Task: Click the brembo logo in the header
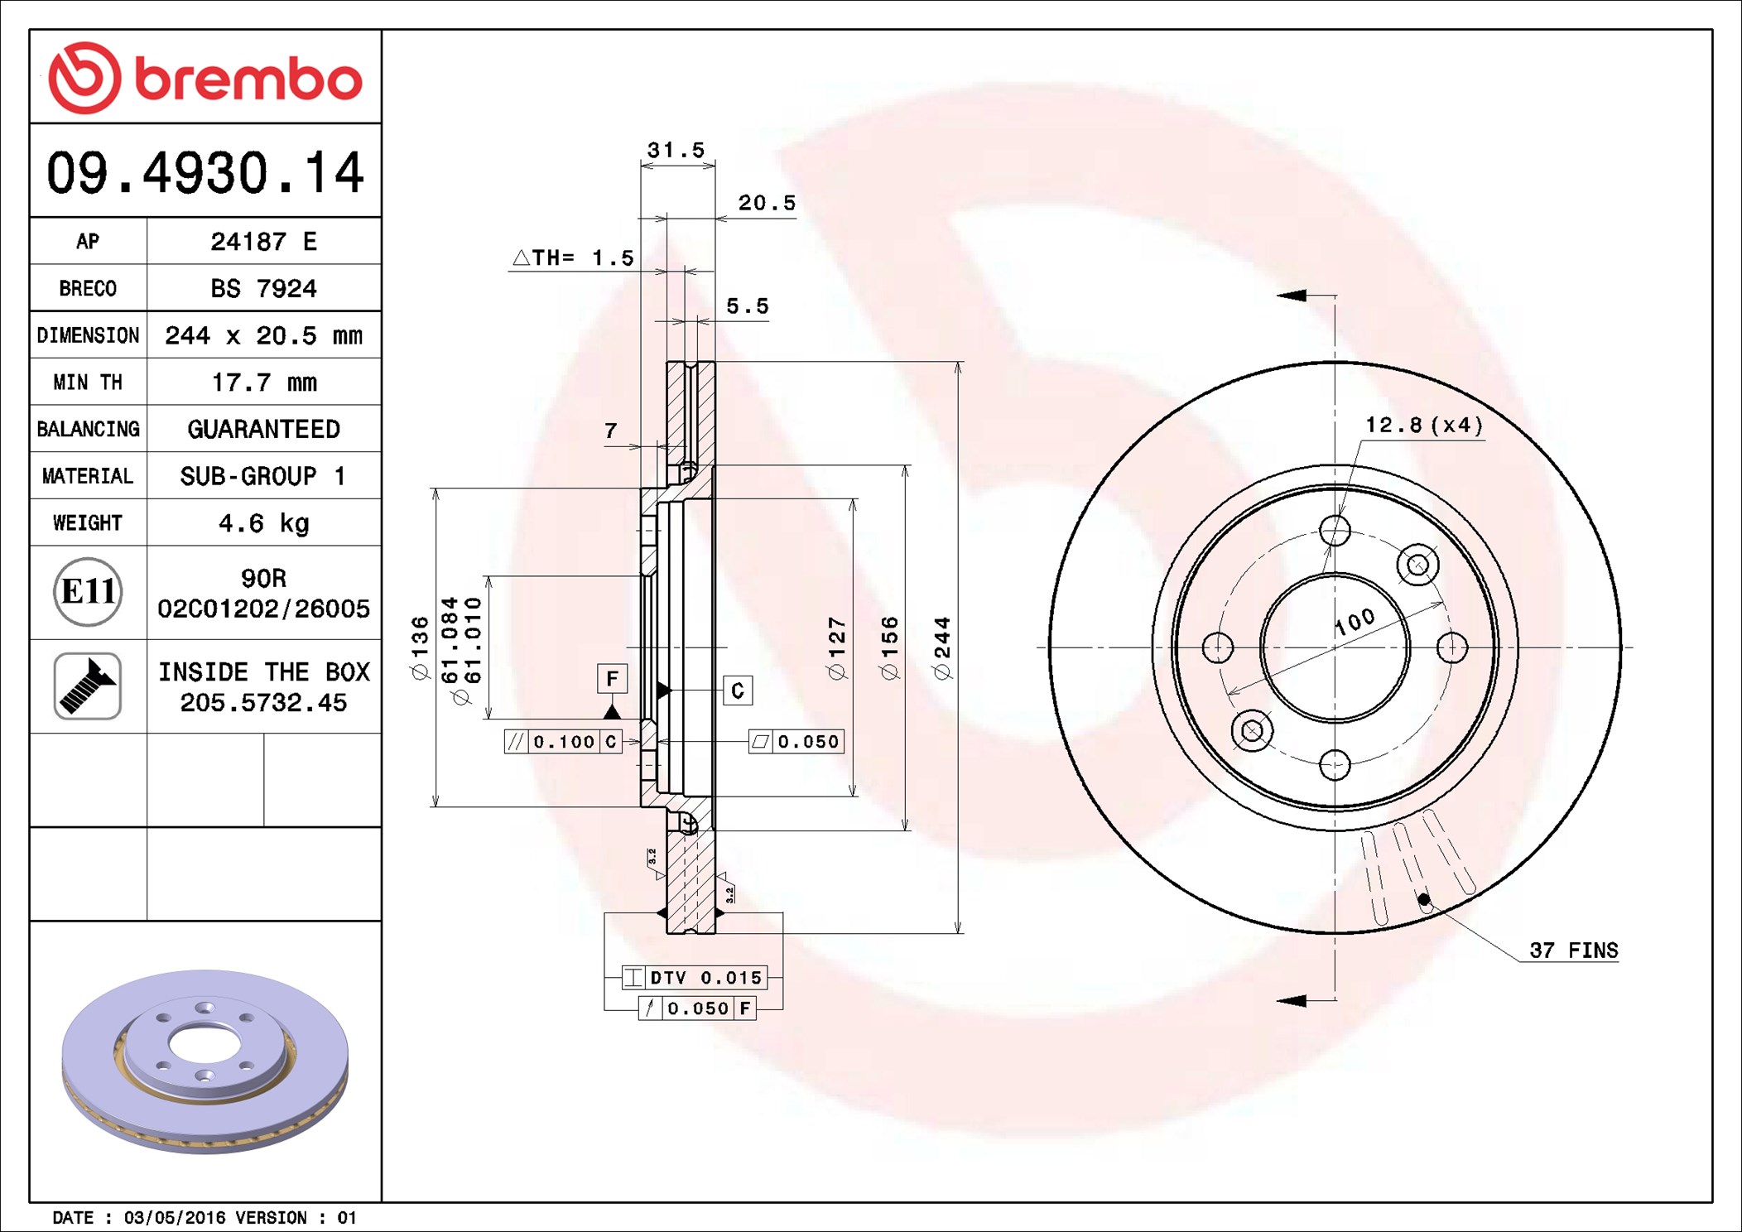click(x=205, y=78)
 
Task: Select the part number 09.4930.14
click(x=205, y=172)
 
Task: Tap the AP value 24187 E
click(x=263, y=241)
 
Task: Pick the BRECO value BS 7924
click(x=263, y=288)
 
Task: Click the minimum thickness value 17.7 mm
click(x=264, y=383)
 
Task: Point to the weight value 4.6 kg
click(x=264, y=523)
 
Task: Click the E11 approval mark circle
click(x=88, y=591)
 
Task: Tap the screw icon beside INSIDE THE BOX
click(x=88, y=686)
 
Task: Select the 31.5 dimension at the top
click(x=676, y=150)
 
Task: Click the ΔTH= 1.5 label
click(x=573, y=257)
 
